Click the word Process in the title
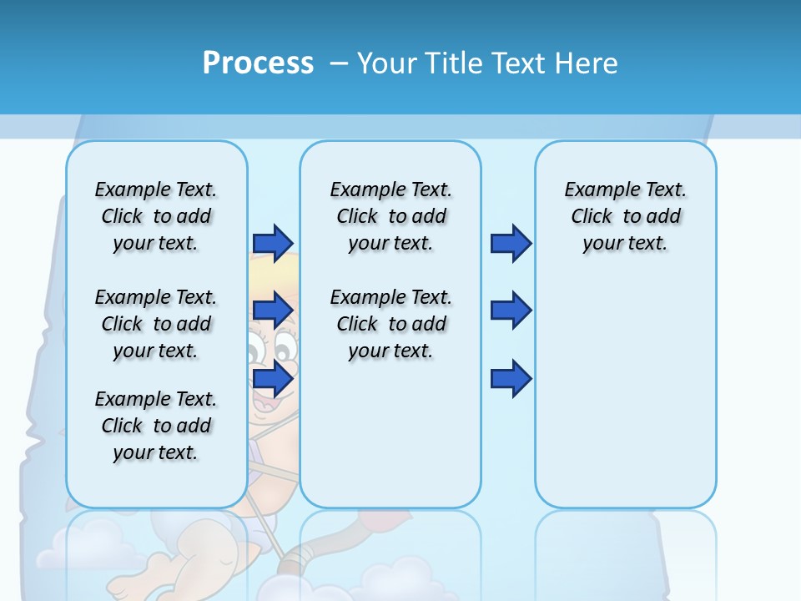(258, 63)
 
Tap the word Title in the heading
(455, 63)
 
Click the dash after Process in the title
(339, 64)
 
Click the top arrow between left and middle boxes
(273, 243)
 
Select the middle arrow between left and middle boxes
(273, 311)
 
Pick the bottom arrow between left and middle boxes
(273, 379)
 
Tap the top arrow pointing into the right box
(511, 243)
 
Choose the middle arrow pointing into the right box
(511, 311)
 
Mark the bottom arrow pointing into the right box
(511, 379)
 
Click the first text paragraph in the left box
(156, 216)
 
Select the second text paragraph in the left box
(156, 324)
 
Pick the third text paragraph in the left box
(156, 426)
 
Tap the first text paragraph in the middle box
(390, 216)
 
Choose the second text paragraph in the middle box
(390, 324)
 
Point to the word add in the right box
(664, 217)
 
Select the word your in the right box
(601, 244)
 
